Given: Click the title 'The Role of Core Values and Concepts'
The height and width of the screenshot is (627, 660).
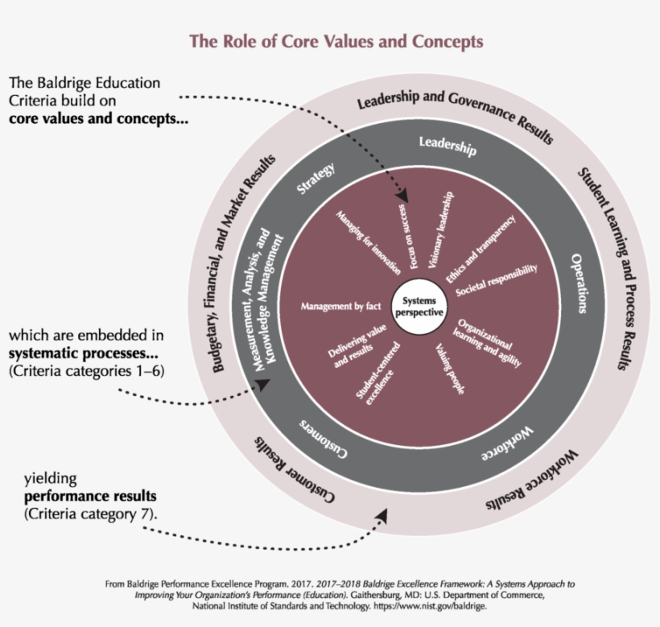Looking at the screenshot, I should pyautogui.click(x=336, y=41).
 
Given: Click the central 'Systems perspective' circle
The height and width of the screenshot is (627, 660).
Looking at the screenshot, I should pyautogui.click(x=418, y=305).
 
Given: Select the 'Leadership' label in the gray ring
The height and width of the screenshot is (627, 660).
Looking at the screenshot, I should pyautogui.click(x=448, y=146).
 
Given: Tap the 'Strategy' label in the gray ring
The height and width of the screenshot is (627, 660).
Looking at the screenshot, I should pyautogui.click(x=316, y=178).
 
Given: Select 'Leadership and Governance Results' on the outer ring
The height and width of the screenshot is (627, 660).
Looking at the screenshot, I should pyautogui.click(x=455, y=113).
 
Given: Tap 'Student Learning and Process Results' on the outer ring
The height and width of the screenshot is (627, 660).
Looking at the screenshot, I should pyautogui.click(x=613, y=270).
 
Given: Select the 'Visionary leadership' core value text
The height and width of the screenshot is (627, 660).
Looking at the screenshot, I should pyautogui.click(x=442, y=229).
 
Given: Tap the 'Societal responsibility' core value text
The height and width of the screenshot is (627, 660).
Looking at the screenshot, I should pyautogui.click(x=496, y=280).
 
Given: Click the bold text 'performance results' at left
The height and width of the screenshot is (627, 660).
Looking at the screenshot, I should pyautogui.click(x=90, y=495).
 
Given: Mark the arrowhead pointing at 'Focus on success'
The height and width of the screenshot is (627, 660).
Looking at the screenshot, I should pyautogui.click(x=402, y=196).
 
